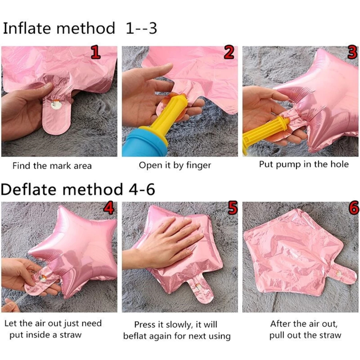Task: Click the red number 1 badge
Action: [x=95, y=52]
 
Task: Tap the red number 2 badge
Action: [x=229, y=52]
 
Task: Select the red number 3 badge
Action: [x=352, y=52]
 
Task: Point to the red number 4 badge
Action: [x=108, y=208]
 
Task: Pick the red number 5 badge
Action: [x=232, y=208]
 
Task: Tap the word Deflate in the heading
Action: [x=28, y=190]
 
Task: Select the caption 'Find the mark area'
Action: [x=52, y=166]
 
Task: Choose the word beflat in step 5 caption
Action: [x=134, y=336]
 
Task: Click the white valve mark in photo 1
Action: [x=56, y=105]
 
